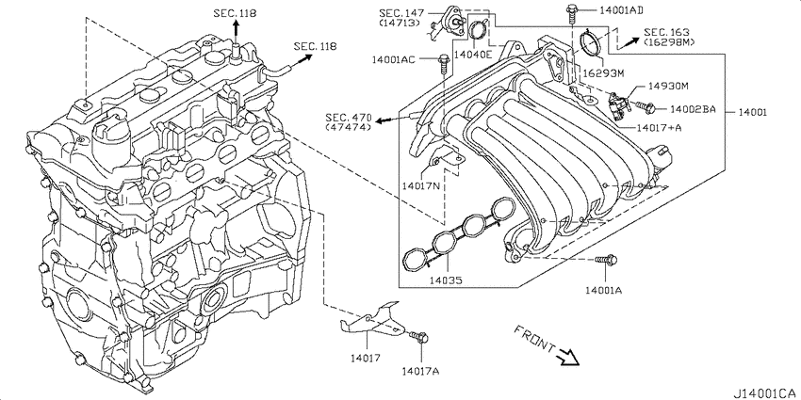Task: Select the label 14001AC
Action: coord(393,59)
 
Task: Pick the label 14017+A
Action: coord(659,128)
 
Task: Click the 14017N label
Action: coord(420,185)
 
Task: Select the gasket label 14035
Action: coord(445,280)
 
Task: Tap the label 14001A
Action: coord(603,290)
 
